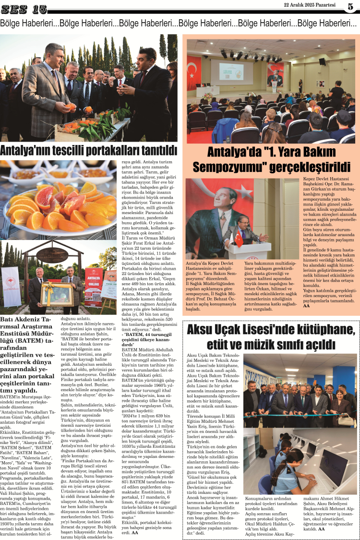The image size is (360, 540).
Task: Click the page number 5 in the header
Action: (350, 7)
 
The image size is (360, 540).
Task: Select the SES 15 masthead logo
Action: (24, 9)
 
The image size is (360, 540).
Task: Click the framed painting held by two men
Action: (57, 293)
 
